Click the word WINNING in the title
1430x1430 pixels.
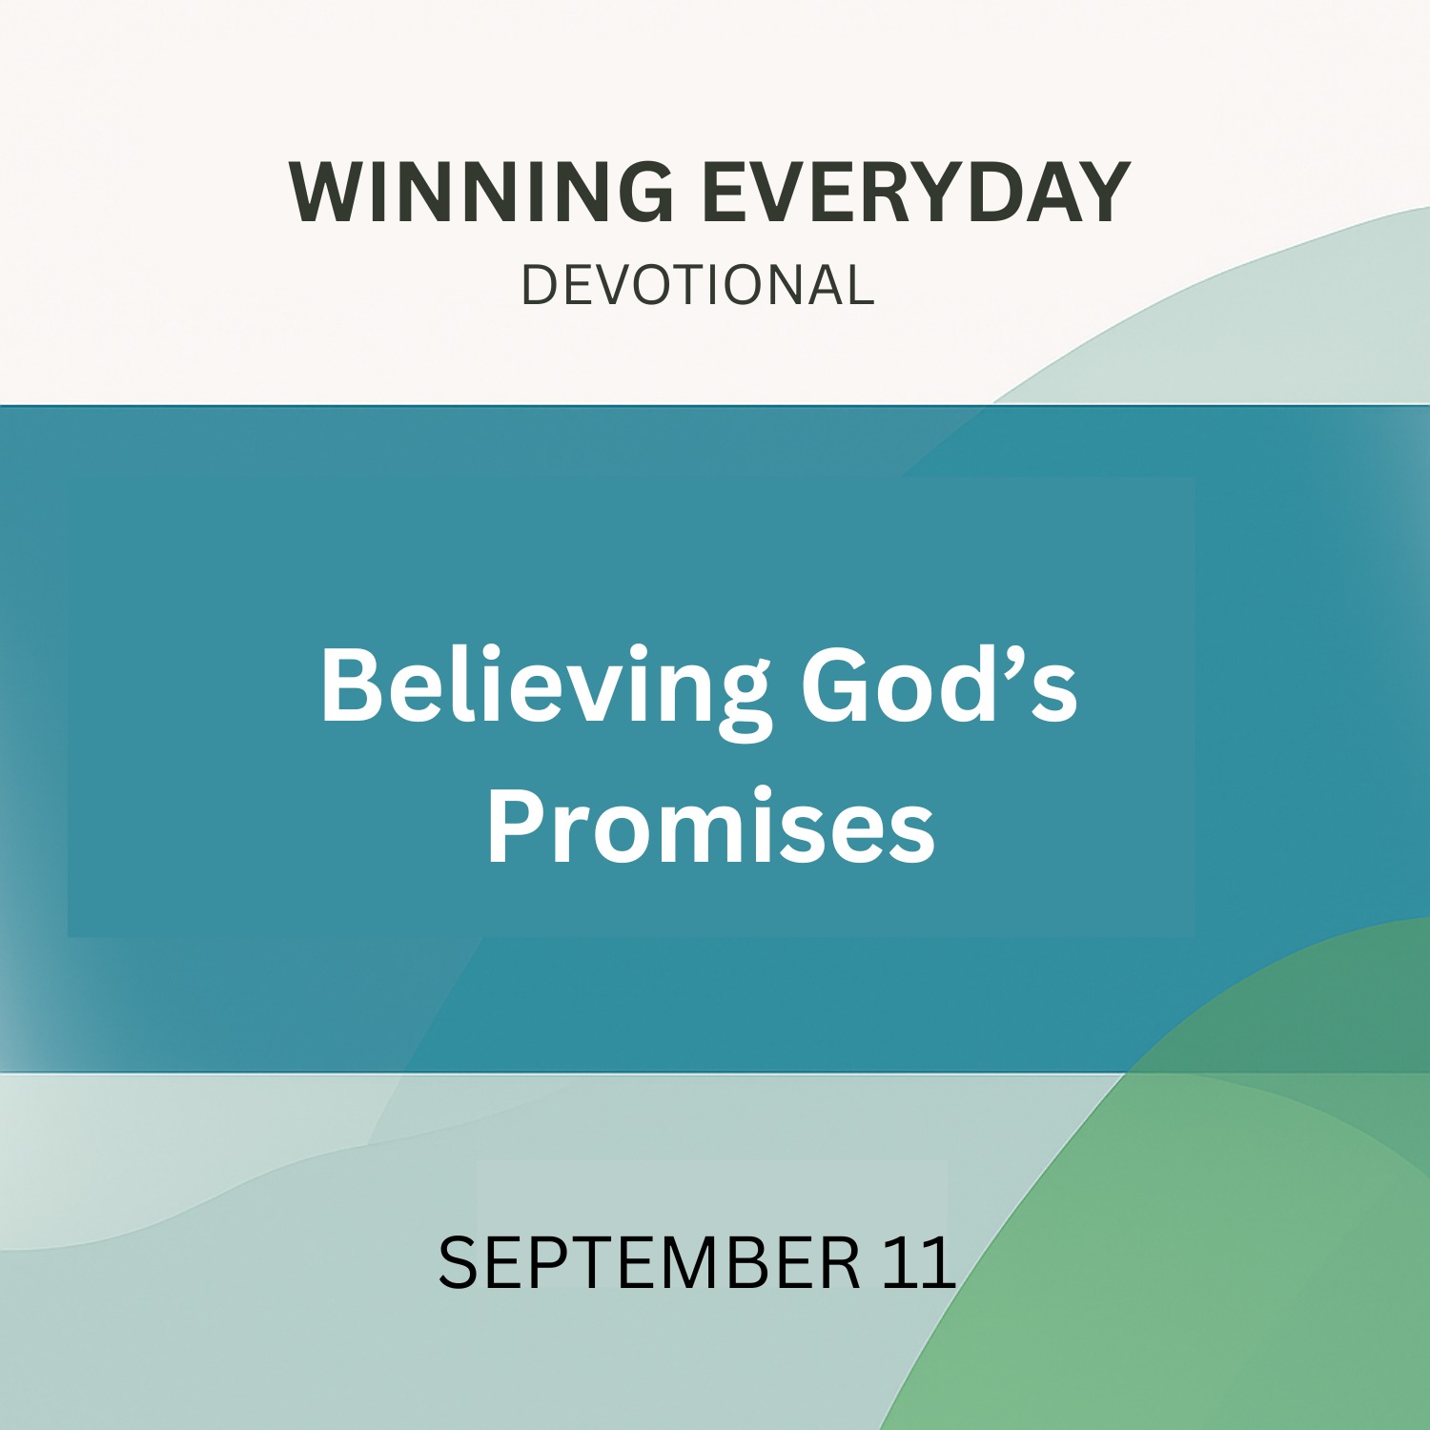(481, 193)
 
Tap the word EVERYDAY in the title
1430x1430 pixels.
(916, 193)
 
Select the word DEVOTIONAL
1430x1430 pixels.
(697, 285)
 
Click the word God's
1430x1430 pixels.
(939, 684)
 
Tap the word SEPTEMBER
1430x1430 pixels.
(649, 1262)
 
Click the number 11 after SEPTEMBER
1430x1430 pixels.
(919, 1262)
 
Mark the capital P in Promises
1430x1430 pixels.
(516, 826)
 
